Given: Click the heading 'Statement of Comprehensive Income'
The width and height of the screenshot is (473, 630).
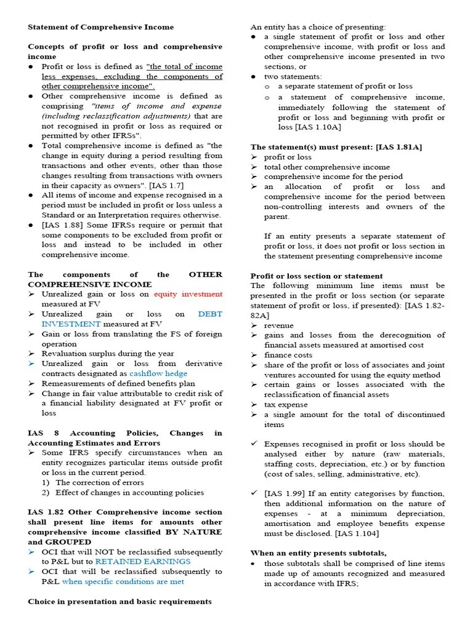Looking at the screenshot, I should (100, 27).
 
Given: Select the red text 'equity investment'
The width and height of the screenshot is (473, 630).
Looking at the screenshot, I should (188, 294).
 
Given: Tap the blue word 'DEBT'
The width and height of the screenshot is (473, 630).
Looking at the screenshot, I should (210, 314).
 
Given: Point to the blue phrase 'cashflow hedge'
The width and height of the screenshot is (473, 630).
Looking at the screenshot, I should (158, 373).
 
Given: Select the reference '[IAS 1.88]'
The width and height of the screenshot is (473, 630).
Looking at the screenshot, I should (63, 225).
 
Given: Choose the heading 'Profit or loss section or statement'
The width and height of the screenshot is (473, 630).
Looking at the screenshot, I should (316, 276).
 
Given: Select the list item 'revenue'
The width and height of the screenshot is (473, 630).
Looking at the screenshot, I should (279, 325).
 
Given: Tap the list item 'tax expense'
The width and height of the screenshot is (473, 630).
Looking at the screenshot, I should (285, 404).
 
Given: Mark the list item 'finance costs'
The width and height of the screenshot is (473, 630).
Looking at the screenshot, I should (288, 355).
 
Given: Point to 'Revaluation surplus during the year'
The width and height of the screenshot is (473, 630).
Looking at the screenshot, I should (108, 354).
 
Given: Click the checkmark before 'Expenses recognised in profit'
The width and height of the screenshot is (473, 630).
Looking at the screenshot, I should (254, 444).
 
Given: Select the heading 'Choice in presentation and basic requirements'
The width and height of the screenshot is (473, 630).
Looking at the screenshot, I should (119, 602).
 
